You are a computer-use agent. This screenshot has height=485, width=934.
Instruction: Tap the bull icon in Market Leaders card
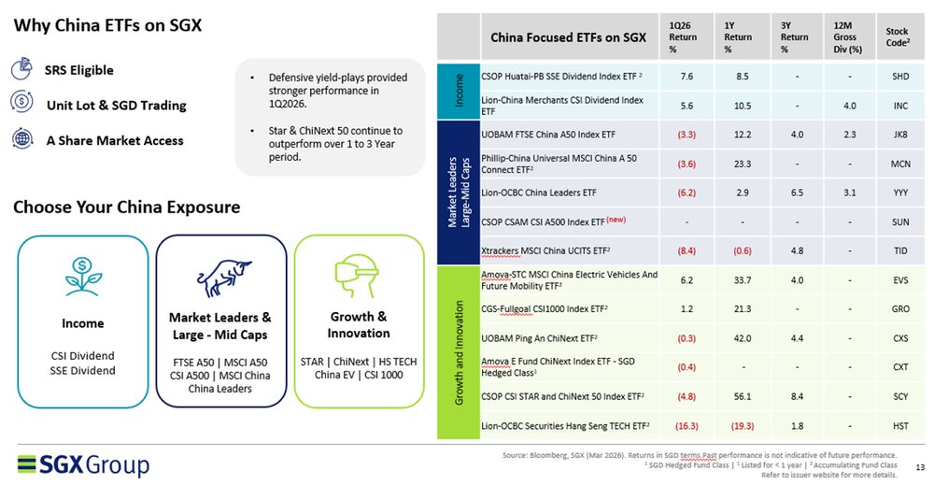tap(220, 278)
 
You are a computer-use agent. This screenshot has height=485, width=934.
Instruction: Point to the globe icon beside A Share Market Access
tap(21, 139)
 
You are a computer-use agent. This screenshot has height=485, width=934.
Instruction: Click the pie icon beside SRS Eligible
tap(21, 69)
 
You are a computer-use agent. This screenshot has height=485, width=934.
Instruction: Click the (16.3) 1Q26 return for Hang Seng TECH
tap(686, 426)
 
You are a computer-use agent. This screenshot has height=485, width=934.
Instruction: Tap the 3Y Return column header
tap(795, 36)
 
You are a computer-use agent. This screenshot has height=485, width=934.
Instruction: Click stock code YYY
tap(900, 192)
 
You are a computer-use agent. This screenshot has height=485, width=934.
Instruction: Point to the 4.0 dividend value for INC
tap(849, 106)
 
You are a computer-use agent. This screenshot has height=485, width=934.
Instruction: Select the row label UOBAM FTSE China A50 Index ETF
tap(548, 136)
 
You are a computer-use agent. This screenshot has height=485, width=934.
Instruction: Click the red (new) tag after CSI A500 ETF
tap(616, 219)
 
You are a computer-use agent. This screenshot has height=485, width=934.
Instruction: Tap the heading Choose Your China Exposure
tap(126, 207)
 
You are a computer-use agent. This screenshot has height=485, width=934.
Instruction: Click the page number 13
tap(919, 467)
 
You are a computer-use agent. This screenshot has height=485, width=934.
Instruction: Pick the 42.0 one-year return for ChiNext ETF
tap(743, 337)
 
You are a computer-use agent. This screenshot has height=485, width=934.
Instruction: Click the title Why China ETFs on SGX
tap(107, 25)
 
